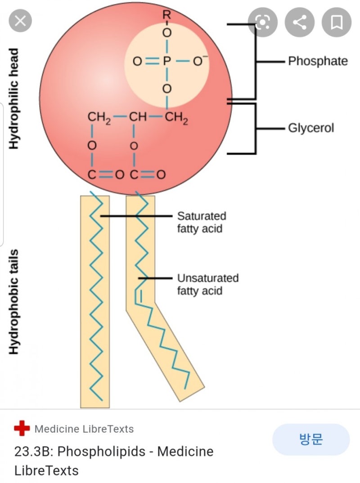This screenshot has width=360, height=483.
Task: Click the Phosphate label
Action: [x=318, y=61]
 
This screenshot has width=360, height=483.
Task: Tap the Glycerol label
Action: [x=311, y=128]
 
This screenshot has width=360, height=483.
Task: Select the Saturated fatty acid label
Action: [x=201, y=222]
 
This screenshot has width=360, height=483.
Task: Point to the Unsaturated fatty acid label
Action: [x=207, y=284]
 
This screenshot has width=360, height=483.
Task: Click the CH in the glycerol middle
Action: [x=137, y=118]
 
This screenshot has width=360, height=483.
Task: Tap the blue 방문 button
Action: [x=310, y=439]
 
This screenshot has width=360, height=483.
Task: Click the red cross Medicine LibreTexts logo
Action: [x=22, y=429]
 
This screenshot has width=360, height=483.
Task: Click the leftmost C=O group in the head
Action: [x=102, y=174]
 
